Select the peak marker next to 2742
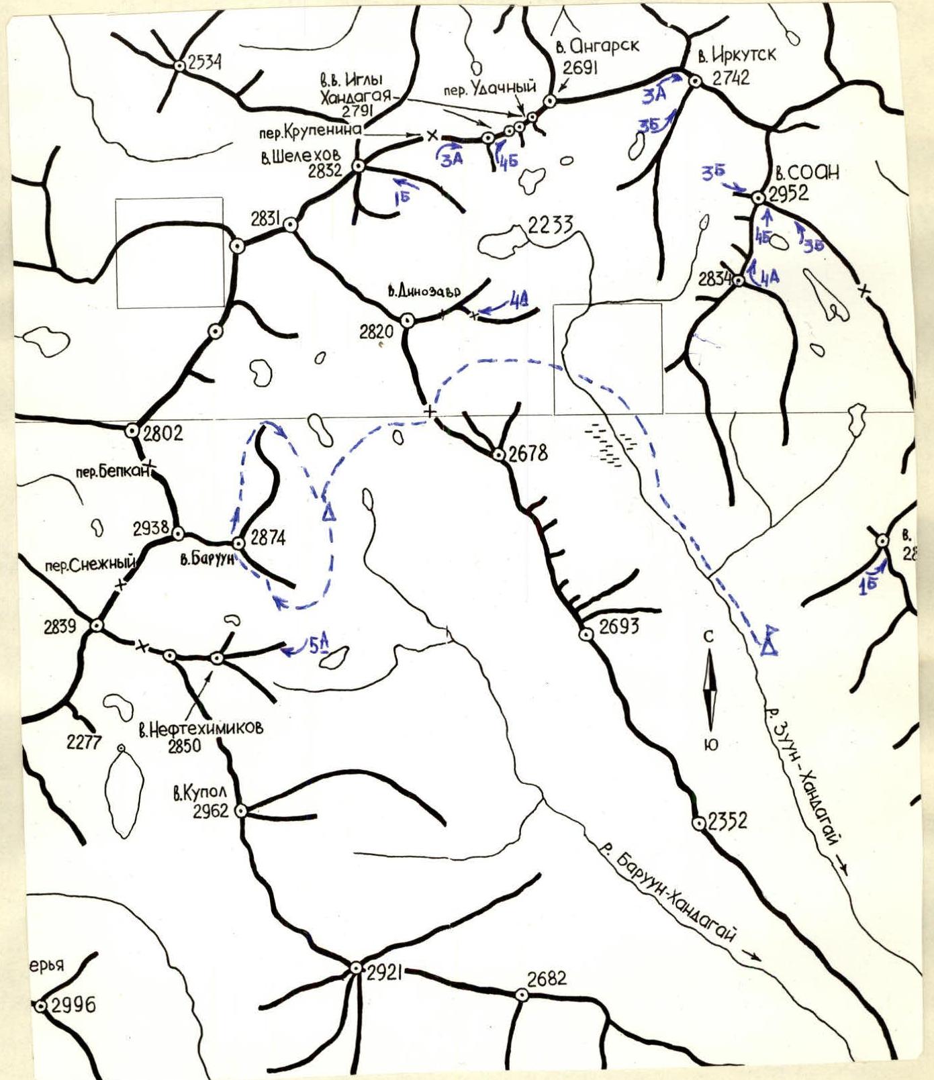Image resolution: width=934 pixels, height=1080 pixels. click(x=695, y=81)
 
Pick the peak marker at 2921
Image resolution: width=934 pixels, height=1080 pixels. click(x=356, y=968)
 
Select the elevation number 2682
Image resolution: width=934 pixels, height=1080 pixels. click(x=547, y=979)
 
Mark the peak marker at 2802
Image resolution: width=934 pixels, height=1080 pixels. click(x=132, y=431)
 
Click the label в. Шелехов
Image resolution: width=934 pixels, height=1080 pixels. click(x=299, y=157)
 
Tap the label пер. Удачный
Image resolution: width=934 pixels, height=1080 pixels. click(x=490, y=88)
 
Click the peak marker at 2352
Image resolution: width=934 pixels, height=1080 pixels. click(x=698, y=822)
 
